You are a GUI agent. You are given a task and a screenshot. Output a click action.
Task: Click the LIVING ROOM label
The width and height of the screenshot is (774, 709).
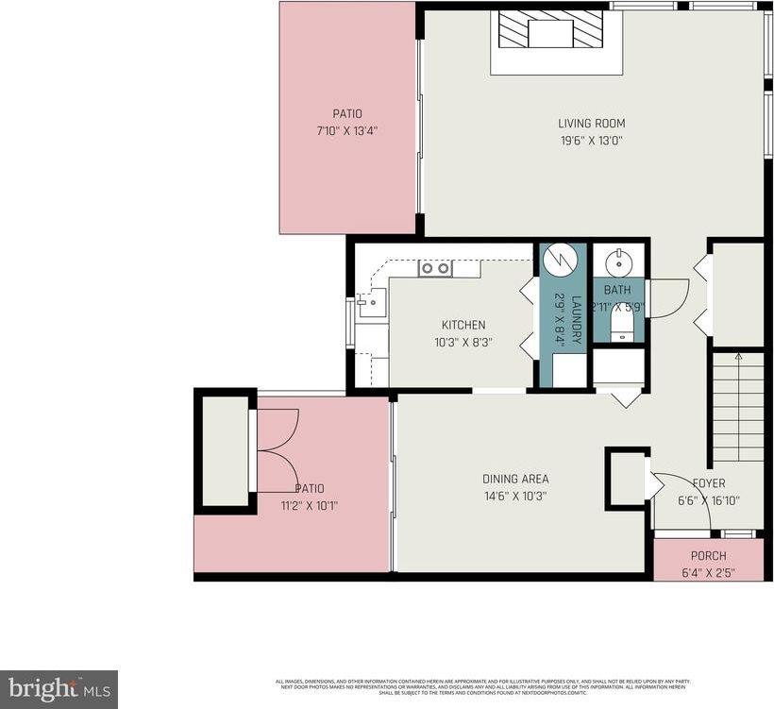(591, 123)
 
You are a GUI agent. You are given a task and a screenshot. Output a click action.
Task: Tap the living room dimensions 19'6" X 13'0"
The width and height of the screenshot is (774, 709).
(591, 141)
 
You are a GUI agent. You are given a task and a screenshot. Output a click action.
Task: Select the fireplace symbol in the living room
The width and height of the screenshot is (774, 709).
(550, 31)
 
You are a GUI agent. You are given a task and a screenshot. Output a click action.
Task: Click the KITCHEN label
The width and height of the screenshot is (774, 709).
(463, 325)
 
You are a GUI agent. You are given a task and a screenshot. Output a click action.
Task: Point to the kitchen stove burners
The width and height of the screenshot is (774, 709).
(435, 269)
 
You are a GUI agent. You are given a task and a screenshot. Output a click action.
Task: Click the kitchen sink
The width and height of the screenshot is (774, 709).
(370, 302)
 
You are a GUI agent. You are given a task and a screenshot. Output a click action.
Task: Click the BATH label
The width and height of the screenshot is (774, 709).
(617, 290)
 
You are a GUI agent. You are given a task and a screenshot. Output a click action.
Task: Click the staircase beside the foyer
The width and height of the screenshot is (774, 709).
(737, 406)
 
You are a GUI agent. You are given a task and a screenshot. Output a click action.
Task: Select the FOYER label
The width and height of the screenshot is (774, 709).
(708, 483)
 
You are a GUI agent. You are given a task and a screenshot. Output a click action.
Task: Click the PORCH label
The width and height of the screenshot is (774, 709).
(708, 555)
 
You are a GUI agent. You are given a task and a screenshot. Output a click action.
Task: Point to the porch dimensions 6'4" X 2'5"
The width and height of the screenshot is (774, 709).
(708, 572)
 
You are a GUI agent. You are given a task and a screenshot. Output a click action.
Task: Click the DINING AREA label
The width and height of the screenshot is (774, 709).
(514, 479)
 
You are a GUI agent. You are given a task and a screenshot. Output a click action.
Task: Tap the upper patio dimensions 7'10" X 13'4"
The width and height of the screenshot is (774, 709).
(347, 131)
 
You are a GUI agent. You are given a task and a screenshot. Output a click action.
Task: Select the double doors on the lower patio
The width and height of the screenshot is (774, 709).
(278, 450)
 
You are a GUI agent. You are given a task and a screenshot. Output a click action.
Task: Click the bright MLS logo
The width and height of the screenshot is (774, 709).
(59, 688)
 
